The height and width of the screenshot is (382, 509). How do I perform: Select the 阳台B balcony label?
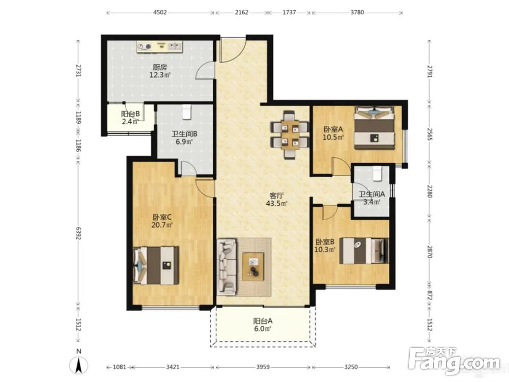click(x=130, y=114)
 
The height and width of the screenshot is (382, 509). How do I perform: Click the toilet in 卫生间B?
click(x=186, y=112)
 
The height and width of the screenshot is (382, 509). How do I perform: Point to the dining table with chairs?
click(x=290, y=134)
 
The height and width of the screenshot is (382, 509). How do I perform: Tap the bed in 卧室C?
click(x=156, y=265)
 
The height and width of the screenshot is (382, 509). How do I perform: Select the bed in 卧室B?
click(x=364, y=251)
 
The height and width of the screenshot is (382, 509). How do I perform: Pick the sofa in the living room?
click(x=227, y=267)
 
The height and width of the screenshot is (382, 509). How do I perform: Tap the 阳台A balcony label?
click(x=263, y=321)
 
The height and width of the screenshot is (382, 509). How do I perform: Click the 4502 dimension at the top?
click(x=160, y=13)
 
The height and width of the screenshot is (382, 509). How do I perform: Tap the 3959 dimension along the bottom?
click(x=263, y=367)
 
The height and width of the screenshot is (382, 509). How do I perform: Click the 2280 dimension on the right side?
click(x=430, y=192)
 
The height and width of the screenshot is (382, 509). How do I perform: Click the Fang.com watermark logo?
click(x=455, y=360)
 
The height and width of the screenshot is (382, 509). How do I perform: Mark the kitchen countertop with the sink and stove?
click(x=160, y=46)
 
